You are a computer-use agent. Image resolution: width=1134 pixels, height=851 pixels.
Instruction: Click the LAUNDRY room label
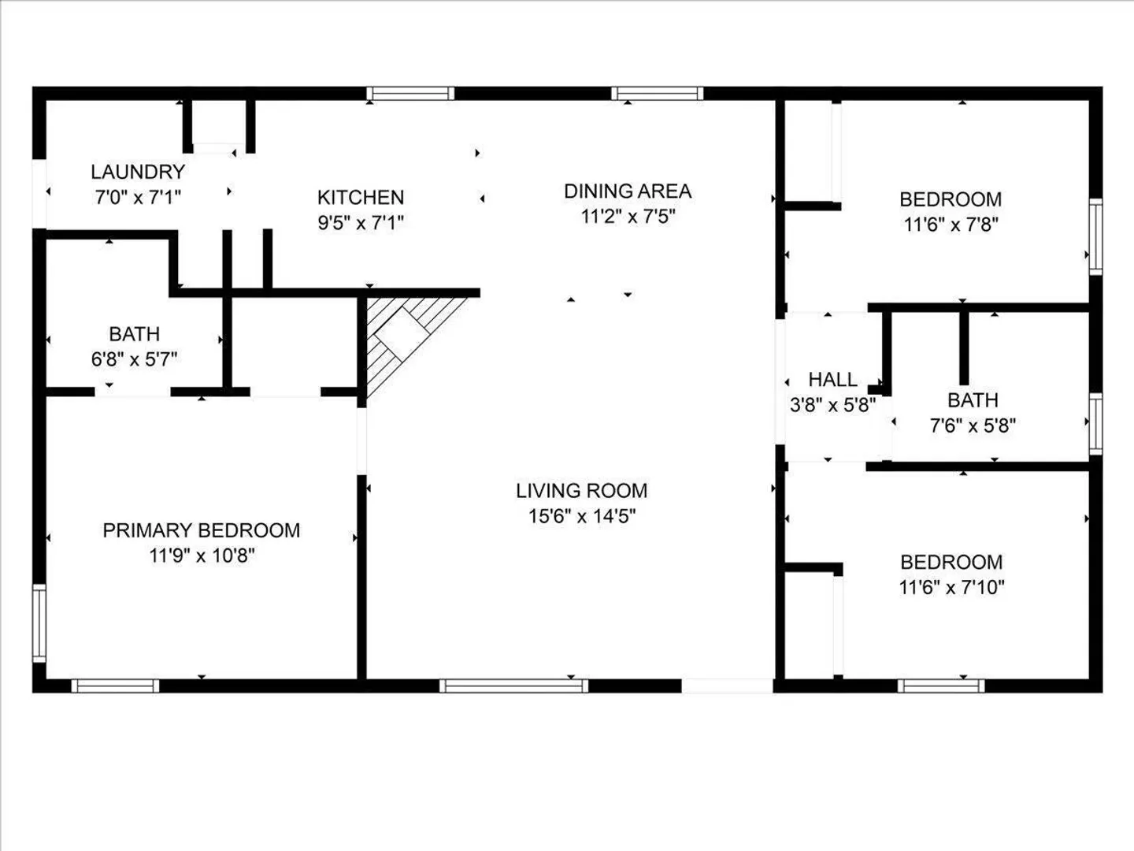point(138,172)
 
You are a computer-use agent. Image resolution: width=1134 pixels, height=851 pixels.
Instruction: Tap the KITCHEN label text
point(361,197)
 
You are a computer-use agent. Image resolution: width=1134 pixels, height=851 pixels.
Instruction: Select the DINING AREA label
point(628,191)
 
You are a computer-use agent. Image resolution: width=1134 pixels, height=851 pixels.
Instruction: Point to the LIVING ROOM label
point(582,490)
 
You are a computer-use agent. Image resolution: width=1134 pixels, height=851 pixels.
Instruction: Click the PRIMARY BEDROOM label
point(202,530)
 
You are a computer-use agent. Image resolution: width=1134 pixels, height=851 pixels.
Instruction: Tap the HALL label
point(833,380)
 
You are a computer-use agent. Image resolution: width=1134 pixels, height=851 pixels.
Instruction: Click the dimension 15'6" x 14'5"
point(582,515)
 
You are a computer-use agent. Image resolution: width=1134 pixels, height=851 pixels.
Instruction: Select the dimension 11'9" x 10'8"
point(202,556)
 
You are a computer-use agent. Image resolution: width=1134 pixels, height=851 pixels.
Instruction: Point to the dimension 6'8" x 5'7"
point(135,359)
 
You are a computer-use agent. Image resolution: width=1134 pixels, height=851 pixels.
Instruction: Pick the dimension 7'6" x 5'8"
point(973,425)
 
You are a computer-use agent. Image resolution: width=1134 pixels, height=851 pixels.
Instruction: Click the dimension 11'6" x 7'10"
point(951,588)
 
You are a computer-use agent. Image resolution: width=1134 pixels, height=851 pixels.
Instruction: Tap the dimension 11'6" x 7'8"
point(951,225)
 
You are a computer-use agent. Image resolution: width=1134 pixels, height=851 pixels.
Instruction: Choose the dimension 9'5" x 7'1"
point(361,223)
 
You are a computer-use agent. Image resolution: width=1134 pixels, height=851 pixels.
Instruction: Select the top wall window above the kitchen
point(411,94)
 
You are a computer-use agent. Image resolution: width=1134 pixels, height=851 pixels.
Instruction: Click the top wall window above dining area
point(657,94)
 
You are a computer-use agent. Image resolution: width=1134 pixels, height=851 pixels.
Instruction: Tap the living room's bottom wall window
point(513,686)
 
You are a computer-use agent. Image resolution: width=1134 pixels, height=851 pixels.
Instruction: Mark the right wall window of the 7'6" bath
point(1095,424)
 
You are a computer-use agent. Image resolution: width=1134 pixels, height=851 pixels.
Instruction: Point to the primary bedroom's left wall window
point(39,623)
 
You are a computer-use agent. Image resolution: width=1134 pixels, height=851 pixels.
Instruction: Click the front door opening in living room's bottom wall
point(728,686)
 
